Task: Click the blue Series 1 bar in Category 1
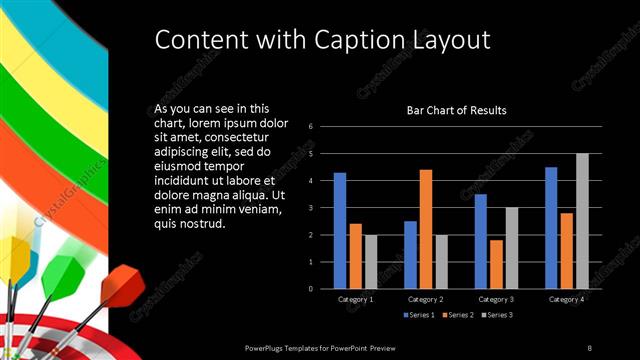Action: click(x=340, y=230)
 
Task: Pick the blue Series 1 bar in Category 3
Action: click(x=481, y=241)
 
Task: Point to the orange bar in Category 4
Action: click(x=567, y=250)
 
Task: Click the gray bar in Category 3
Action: click(x=511, y=247)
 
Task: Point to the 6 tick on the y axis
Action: click(x=311, y=127)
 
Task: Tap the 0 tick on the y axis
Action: click(x=311, y=289)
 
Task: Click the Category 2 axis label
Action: click(x=426, y=299)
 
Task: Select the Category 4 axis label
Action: click(x=567, y=299)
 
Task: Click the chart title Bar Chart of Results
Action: click(x=456, y=110)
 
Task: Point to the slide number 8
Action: click(x=590, y=347)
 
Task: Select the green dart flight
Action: click(x=63, y=271)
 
